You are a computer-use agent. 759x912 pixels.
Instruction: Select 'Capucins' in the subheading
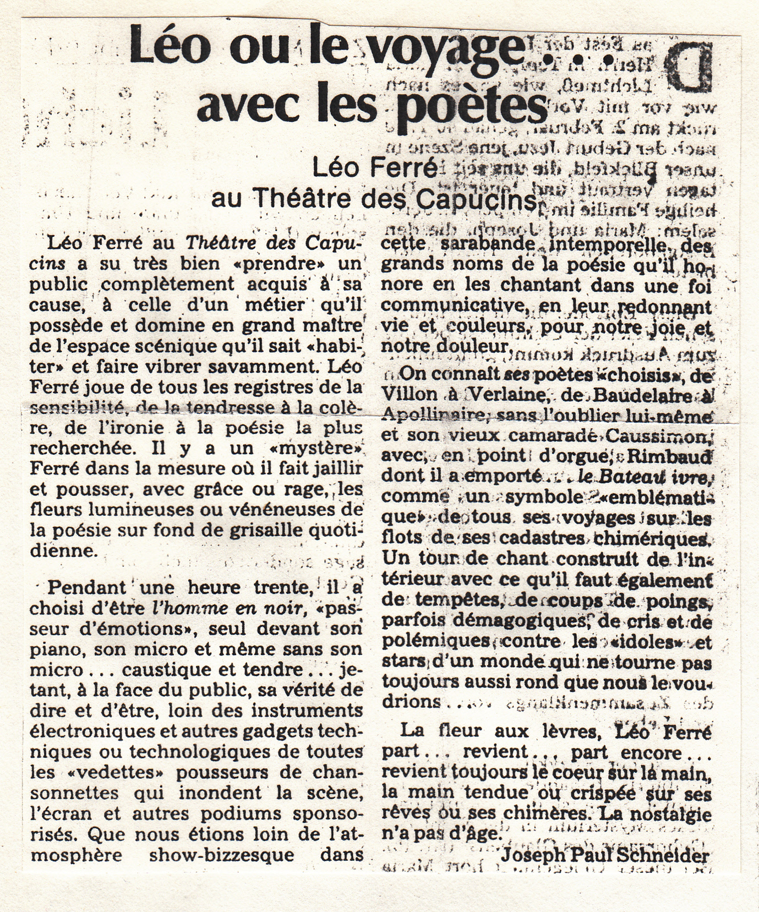pyautogui.click(x=476, y=199)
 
